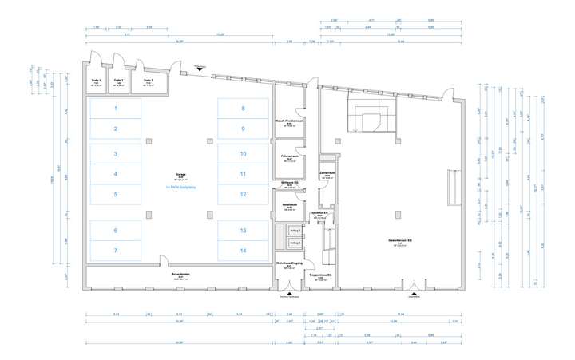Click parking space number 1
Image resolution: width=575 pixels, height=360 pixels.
click(115, 108)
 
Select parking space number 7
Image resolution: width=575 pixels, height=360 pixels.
click(115, 251)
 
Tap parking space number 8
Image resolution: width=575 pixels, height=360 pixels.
click(244, 108)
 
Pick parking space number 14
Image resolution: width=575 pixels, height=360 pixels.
click(244, 251)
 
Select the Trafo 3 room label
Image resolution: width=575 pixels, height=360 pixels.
click(148, 81)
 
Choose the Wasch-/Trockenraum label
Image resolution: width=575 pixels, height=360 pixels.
click(285, 121)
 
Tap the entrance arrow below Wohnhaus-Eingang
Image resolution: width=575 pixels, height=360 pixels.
click(287, 292)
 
